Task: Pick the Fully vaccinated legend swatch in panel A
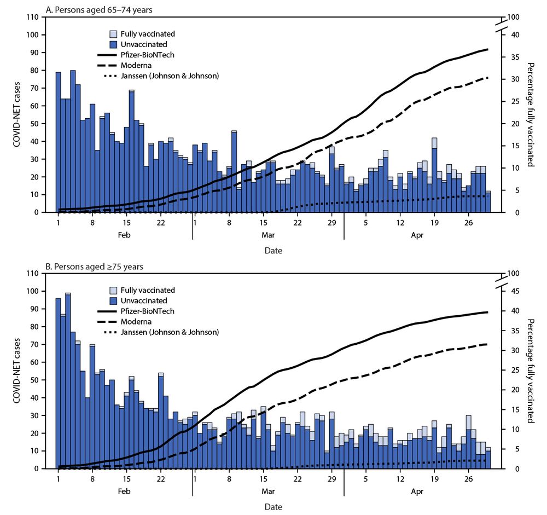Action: [x=114, y=34]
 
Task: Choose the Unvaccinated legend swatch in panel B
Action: [x=114, y=300]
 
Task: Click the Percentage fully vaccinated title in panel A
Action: [x=530, y=115]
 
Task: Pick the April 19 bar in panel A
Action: [x=434, y=175]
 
